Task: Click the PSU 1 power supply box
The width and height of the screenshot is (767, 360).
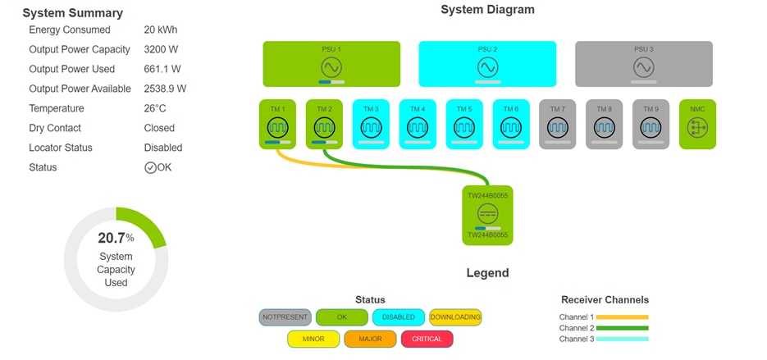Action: [331, 64]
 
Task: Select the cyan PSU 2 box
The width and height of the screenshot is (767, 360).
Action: [487, 64]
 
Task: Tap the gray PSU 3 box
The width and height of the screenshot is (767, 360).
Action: [643, 64]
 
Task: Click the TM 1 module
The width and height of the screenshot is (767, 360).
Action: [277, 125]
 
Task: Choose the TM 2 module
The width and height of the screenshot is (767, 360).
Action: [324, 125]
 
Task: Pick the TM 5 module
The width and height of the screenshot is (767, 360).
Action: [464, 125]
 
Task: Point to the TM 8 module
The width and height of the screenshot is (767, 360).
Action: [605, 125]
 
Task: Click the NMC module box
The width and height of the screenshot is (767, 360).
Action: [698, 125]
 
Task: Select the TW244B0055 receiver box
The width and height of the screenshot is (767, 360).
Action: [487, 215]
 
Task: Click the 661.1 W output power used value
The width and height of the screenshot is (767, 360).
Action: [162, 69]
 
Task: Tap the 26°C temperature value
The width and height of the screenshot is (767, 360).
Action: [155, 108]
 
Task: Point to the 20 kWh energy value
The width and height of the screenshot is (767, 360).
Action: [161, 30]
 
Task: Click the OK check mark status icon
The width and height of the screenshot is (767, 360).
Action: [150, 167]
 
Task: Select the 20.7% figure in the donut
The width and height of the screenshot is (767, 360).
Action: [116, 239]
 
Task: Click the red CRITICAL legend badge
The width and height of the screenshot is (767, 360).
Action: [427, 339]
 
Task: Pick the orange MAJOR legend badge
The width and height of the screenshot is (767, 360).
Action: [371, 339]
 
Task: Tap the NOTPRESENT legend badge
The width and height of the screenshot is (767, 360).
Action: [285, 317]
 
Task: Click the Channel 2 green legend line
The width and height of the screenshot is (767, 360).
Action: [622, 328]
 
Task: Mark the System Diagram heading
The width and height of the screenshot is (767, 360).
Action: [487, 10]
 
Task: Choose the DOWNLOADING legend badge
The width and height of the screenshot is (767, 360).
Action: [455, 317]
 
